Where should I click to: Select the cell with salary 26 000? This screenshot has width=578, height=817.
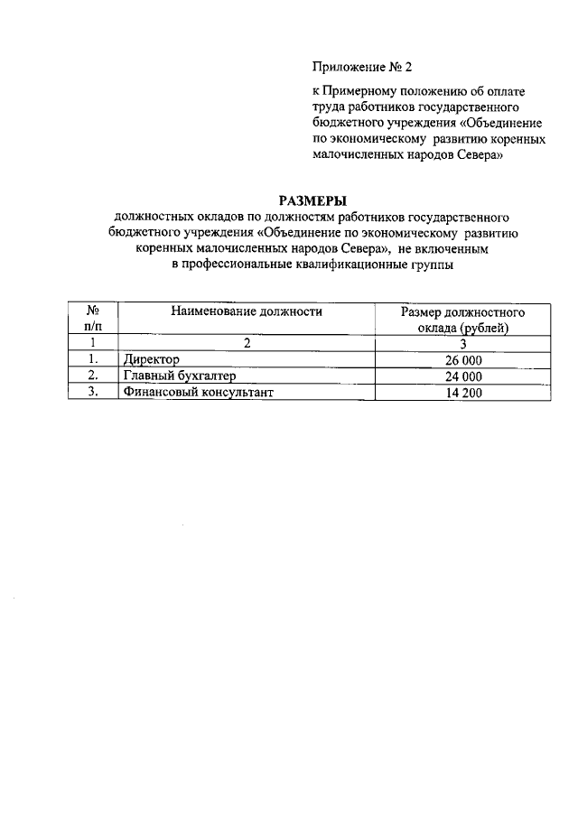click(x=463, y=360)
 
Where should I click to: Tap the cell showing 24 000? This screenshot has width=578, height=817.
click(x=463, y=376)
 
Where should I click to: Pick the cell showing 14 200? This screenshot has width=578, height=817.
click(x=463, y=393)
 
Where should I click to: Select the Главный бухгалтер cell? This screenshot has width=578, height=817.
click(x=178, y=376)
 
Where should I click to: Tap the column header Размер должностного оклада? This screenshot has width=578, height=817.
click(x=463, y=320)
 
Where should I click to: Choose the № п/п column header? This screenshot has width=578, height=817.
click(x=93, y=320)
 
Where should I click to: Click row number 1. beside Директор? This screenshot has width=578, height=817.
click(x=93, y=360)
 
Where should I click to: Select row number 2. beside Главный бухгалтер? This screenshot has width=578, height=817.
click(x=93, y=376)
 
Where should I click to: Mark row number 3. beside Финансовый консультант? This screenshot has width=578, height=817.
click(x=93, y=393)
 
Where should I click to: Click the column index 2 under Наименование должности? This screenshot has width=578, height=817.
click(x=247, y=343)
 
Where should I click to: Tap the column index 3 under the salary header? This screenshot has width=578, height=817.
click(x=463, y=343)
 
